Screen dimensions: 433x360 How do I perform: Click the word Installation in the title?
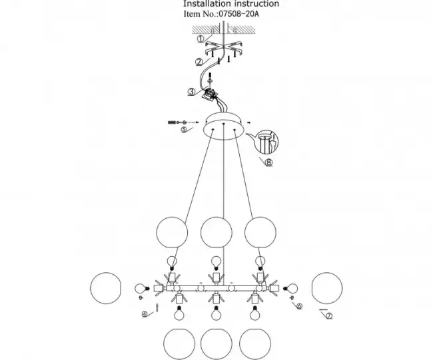pos(207,3)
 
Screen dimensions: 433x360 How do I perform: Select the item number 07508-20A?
pos(239,14)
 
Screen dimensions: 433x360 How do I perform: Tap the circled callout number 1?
pos(201,39)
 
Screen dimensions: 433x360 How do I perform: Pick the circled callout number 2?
pos(199,63)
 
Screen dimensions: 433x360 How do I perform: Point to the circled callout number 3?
pos(192,92)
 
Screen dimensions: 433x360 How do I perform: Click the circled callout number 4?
pos(145,314)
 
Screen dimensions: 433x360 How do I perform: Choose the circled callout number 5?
pos(184,129)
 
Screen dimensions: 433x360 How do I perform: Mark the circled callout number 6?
pos(299,306)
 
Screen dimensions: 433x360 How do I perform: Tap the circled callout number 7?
pos(329,316)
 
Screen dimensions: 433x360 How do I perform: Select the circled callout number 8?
pos(268,162)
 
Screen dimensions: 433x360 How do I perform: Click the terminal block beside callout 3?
pos(210,94)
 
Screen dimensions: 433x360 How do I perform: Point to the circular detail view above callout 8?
pos(266,142)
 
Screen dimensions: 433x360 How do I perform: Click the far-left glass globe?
pos(106,288)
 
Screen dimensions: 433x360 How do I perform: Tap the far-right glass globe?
pos(327,288)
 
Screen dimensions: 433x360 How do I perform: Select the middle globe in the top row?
pos(217,232)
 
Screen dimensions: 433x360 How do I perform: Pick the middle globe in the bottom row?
pos(217,344)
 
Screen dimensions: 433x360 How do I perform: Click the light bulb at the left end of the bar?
pos(142,289)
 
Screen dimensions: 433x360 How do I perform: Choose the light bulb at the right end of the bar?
pos(291,289)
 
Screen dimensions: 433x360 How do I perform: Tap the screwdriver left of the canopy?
pos(173,122)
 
